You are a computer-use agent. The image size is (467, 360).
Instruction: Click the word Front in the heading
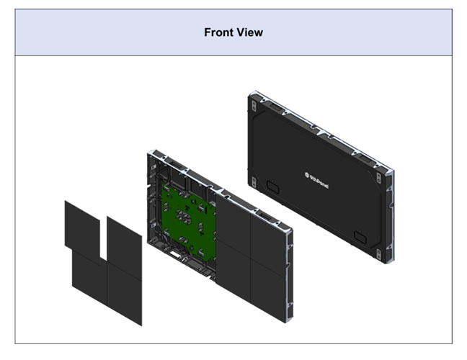(x=218, y=32)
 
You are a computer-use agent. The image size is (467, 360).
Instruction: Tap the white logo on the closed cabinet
(x=316, y=180)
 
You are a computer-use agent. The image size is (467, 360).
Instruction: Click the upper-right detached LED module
(x=125, y=244)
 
